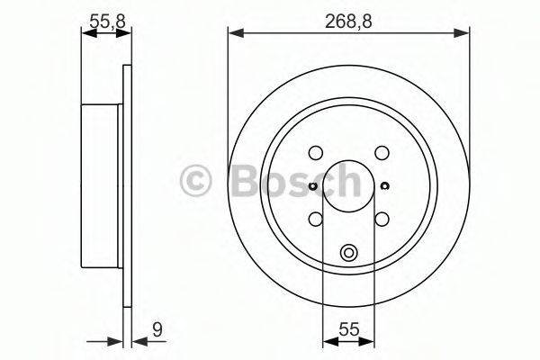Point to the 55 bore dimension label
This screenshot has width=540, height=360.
coord(348,329)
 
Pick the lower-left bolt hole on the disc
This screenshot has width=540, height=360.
coord(315,218)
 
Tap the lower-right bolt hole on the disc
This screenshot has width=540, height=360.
coord(381,218)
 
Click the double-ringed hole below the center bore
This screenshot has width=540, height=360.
coord(348,253)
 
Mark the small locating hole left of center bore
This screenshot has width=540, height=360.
coord(312,186)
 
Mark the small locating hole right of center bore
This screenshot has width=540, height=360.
coord(384,186)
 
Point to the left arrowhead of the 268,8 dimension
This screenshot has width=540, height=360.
coord(233,33)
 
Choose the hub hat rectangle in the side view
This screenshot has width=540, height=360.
coord(102,185)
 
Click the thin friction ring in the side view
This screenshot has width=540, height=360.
coord(127,185)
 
